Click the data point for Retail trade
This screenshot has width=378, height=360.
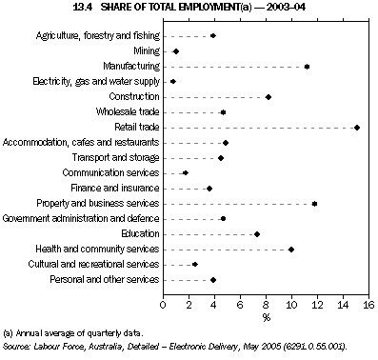point(357,127)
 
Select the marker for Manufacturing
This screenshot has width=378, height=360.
point(307,67)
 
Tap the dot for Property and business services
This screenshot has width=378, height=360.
point(314,203)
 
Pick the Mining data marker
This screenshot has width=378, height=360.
point(175,51)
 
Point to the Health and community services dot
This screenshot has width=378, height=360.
point(291,250)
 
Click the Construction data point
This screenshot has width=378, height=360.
point(269,97)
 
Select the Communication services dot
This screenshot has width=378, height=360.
point(185,173)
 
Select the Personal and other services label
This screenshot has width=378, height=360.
point(108,280)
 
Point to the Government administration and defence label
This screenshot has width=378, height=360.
point(82,219)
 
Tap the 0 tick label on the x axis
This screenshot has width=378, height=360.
point(163,305)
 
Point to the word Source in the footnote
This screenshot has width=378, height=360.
point(16,349)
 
